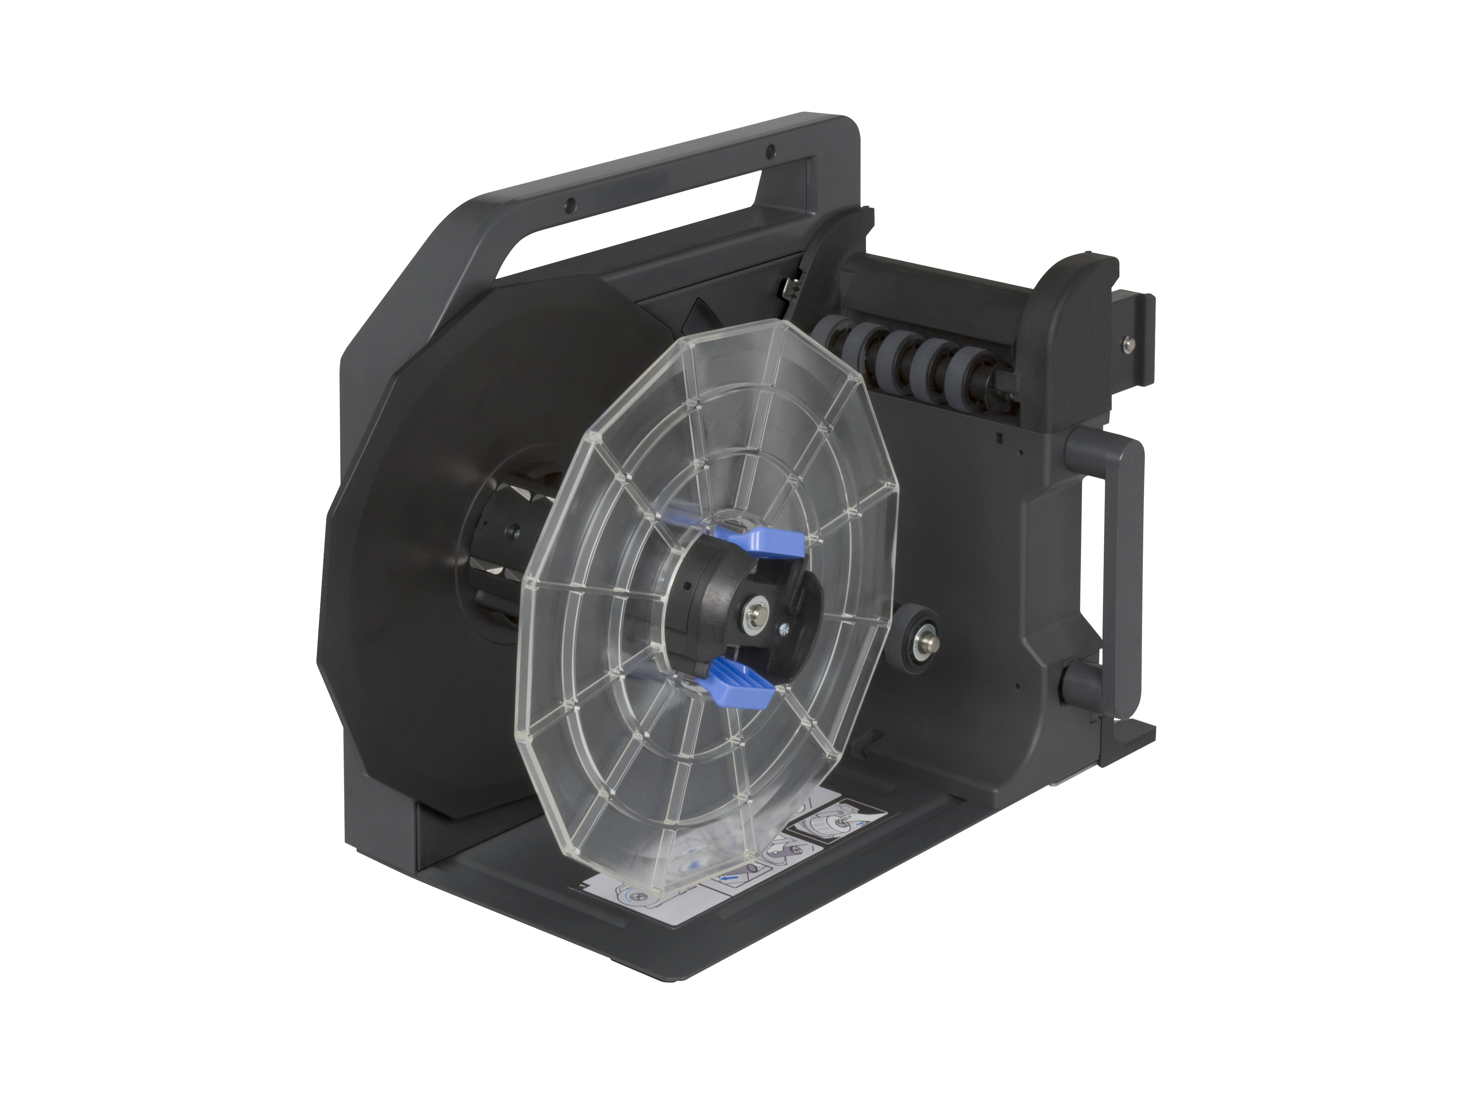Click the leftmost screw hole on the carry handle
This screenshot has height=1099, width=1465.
tap(568, 206)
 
